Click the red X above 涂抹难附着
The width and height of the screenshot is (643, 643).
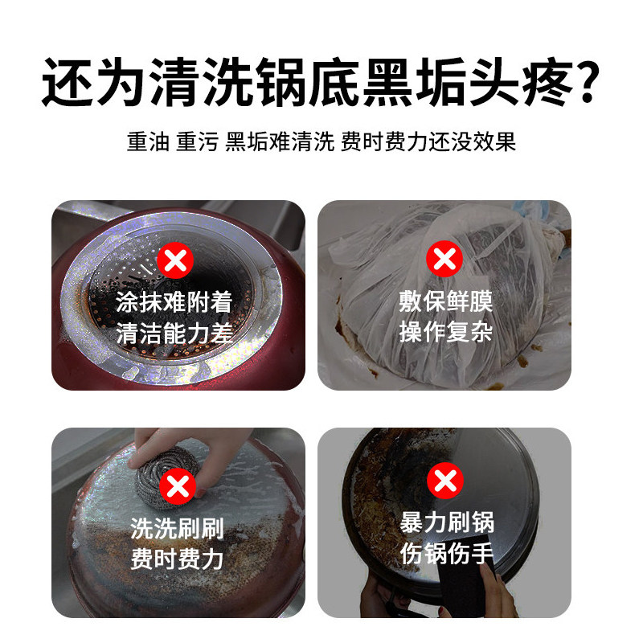coord(177,261)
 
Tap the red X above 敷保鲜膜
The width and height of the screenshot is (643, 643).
coord(443,261)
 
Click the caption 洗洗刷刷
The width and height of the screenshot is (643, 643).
coord(177,529)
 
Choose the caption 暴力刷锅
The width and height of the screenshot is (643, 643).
coord(447,524)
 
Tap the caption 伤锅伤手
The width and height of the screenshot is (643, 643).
coord(447,555)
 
